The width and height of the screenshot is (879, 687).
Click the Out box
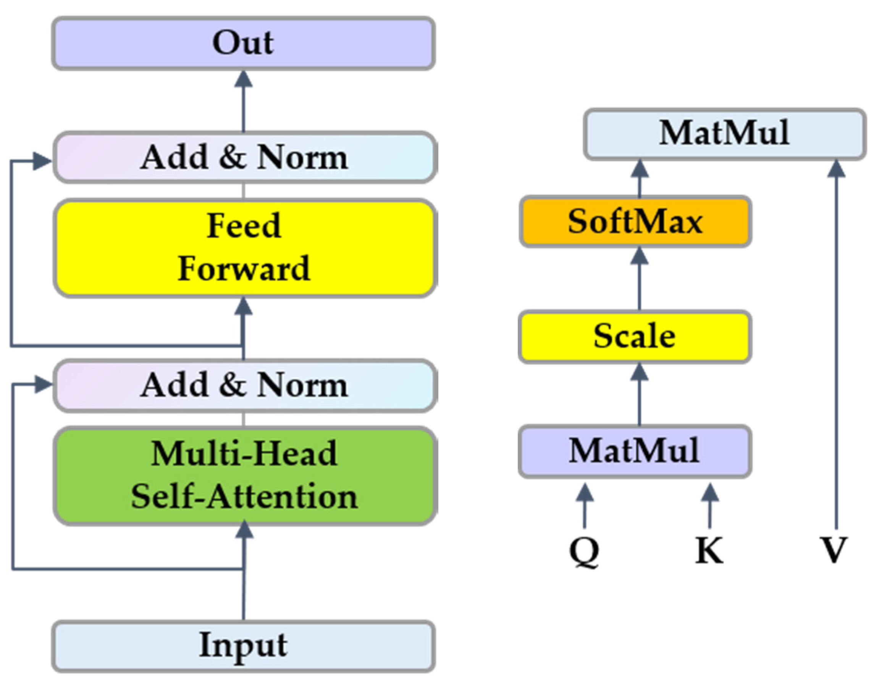(x=244, y=43)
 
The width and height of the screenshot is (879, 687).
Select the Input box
(x=244, y=646)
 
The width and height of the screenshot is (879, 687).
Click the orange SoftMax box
(x=635, y=222)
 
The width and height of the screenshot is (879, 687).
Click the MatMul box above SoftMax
(x=724, y=134)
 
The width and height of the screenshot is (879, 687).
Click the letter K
(x=709, y=550)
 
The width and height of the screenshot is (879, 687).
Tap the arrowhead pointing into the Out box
(x=244, y=79)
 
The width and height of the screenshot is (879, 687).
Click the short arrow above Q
(x=584, y=506)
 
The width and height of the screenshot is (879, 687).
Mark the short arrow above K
(x=709, y=506)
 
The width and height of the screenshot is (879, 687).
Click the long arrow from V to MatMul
(x=836, y=342)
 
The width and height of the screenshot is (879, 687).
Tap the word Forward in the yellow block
(x=244, y=269)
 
